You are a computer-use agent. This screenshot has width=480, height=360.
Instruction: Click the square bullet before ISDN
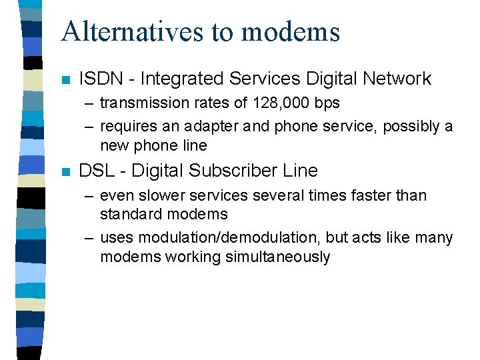[x=65, y=80]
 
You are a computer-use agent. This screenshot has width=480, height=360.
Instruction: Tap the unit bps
[x=326, y=103]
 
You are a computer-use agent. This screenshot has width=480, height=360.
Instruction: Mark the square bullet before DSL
[x=65, y=172]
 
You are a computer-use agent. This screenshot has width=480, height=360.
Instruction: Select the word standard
[x=131, y=214]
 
